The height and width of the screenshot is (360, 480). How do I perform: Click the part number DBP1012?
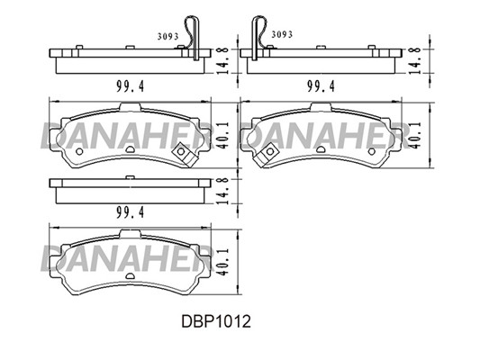(x=216, y=321)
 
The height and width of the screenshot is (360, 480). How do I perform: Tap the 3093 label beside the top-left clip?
(x=168, y=37)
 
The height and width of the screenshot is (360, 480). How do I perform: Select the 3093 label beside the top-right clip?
(x=282, y=34)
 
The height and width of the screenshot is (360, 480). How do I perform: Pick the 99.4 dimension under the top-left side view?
(x=130, y=86)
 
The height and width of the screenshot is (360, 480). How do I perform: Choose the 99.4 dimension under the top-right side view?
(x=321, y=86)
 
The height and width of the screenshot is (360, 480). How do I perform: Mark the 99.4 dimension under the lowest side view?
(x=130, y=212)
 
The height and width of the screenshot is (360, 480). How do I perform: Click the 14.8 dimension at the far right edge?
(x=416, y=60)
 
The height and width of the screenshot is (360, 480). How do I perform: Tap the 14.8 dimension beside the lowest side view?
(x=224, y=191)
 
